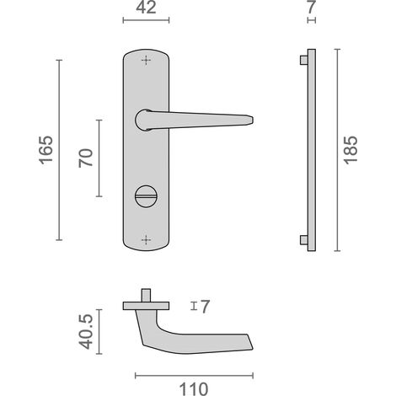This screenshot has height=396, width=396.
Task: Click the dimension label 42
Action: [x=146, y=8]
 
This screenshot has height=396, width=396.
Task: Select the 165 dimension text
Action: [x=45, y=150]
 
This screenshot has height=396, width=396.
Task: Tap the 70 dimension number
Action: [x=86, y=158]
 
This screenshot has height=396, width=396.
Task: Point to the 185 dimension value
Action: [x=351, y=150]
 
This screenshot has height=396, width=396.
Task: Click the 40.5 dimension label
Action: [x=86, y=332]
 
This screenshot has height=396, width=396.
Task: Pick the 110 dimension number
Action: [x=194, y=389]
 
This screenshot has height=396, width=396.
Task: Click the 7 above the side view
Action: [x=312, y=8]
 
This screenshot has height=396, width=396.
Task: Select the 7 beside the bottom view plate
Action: [x=205, y=307]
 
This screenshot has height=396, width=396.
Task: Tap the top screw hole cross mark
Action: [x=146, y=60]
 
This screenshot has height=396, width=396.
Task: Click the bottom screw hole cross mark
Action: [x=146, y=240]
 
